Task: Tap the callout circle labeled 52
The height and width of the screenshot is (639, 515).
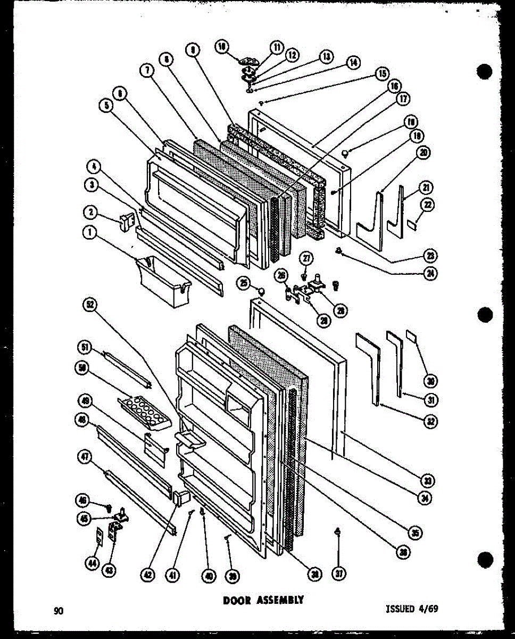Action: (x=90, y=305)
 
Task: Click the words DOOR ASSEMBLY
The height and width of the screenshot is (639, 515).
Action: (x=263, y=600)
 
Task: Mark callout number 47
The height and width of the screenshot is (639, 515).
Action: (x=85, y=456)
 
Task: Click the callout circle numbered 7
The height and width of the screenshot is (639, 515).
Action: (x=147, y=70)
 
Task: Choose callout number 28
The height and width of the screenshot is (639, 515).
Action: (x=323, y=320)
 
